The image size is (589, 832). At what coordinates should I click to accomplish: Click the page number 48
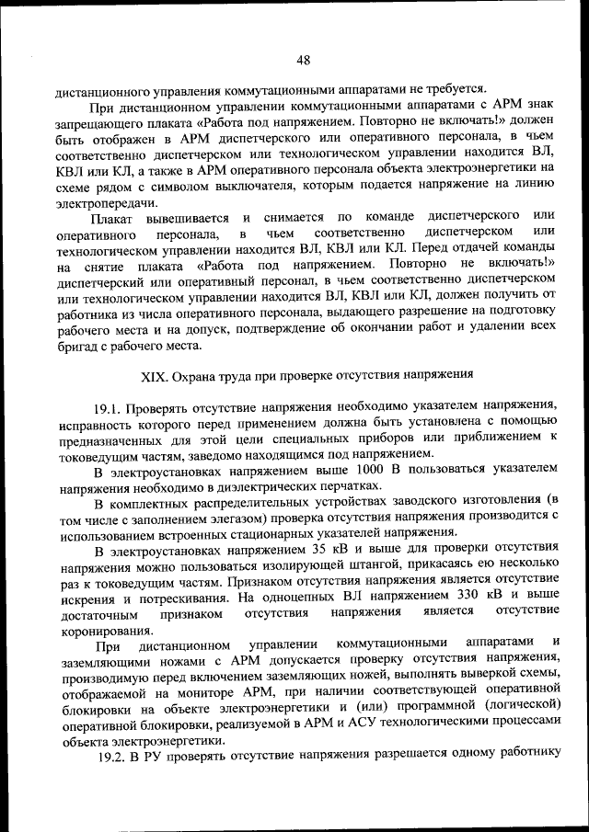(304, 61)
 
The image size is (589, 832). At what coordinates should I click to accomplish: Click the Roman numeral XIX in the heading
(152, 375)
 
